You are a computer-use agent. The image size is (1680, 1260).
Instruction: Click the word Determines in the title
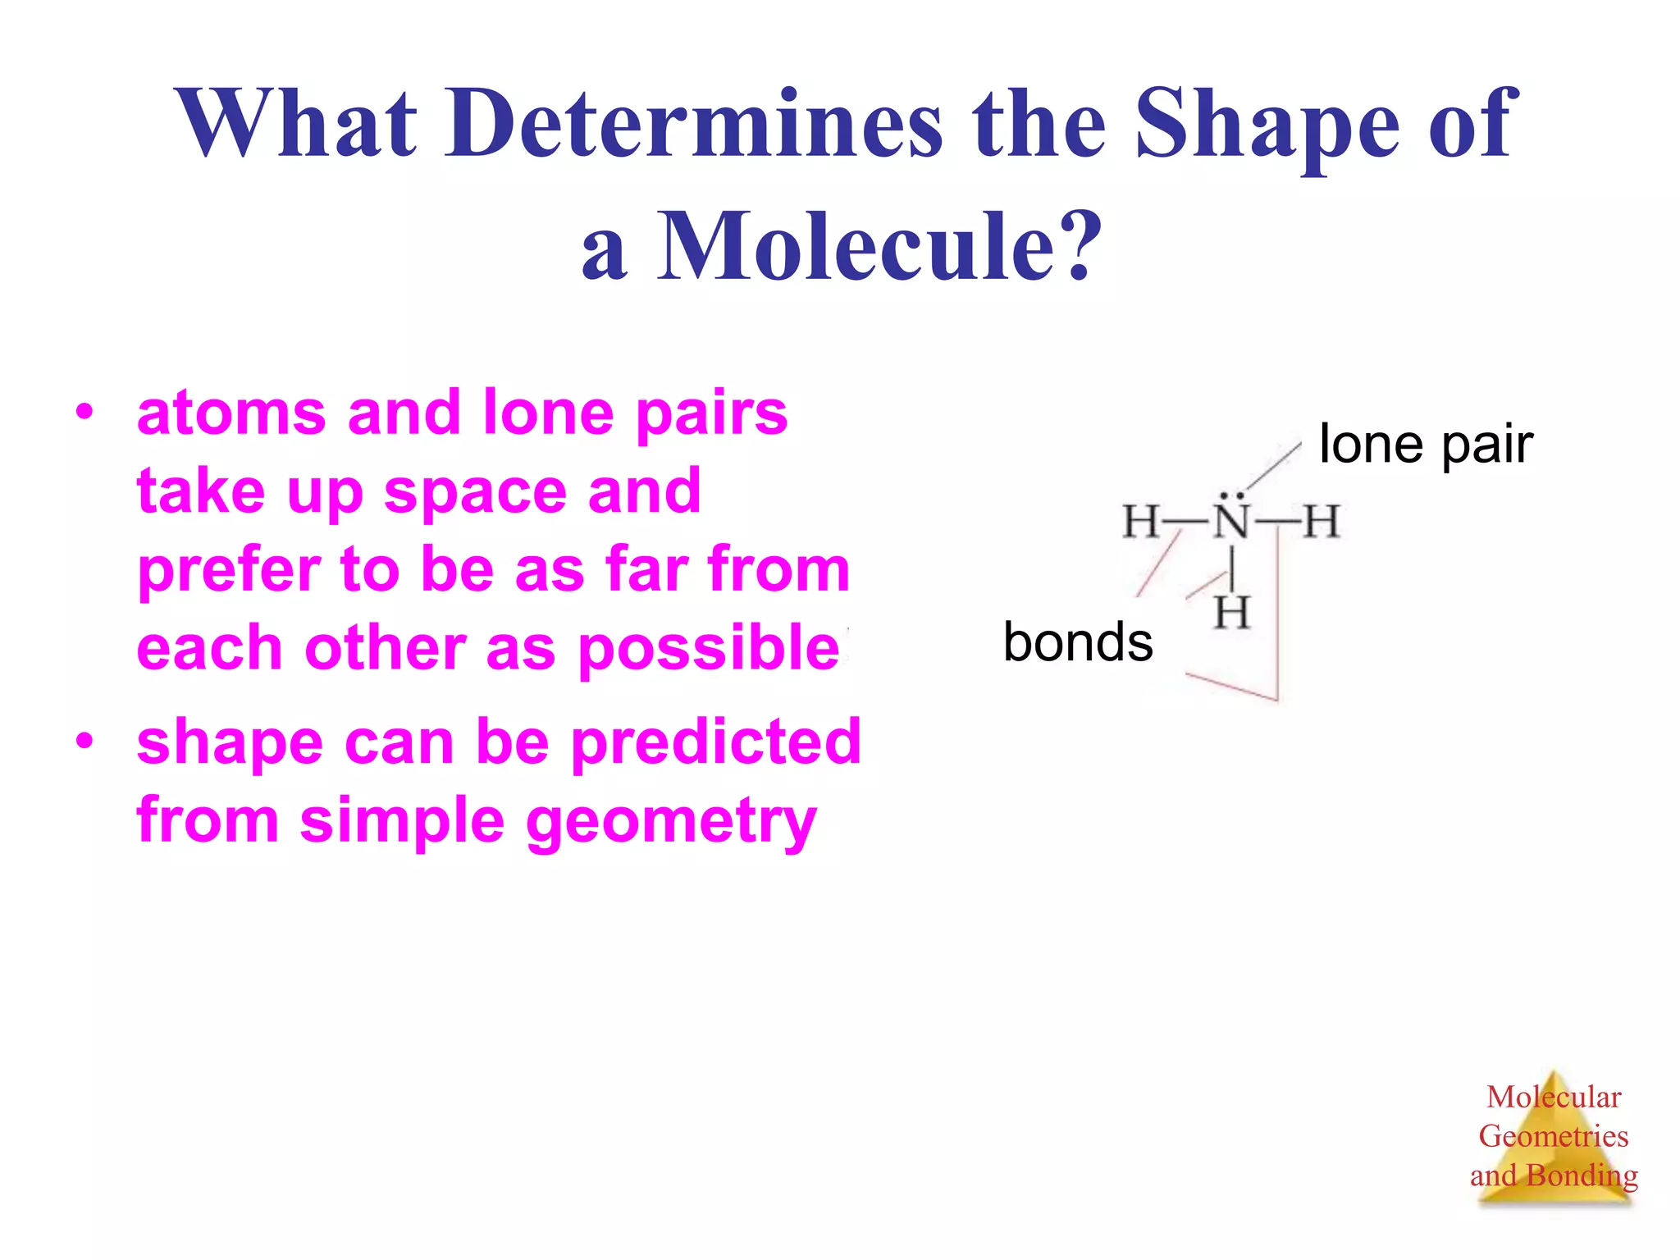[x=693, y=125]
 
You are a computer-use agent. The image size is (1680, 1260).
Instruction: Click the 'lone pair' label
[x=1426, y=445]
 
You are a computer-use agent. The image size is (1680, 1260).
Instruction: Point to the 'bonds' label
[x=1078, y=641]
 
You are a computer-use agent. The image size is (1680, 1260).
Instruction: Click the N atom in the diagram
[x=1231, y=522]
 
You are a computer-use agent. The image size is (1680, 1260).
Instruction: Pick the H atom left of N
[x=1141, y=522]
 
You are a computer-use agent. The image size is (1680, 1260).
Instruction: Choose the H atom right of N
[x=1321, y=522]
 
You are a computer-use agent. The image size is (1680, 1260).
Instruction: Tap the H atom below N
[x=1232, y=613]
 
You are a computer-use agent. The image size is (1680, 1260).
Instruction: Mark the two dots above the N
[x=1231, y=495]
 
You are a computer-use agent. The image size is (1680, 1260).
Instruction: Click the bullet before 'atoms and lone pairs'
[x=84, y=413]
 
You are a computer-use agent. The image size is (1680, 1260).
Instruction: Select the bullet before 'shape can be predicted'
[x=84, y=742]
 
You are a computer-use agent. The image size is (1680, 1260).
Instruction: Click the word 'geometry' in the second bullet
[x=671, y=821]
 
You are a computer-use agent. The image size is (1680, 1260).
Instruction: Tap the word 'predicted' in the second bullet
[x=715, y=742]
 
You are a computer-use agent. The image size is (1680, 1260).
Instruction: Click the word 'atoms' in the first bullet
[x=231, y=413]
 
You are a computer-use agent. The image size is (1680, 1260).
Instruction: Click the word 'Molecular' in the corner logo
[x=1554, y=1097]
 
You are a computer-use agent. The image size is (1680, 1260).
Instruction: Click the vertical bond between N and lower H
[x=1232, y=568]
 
